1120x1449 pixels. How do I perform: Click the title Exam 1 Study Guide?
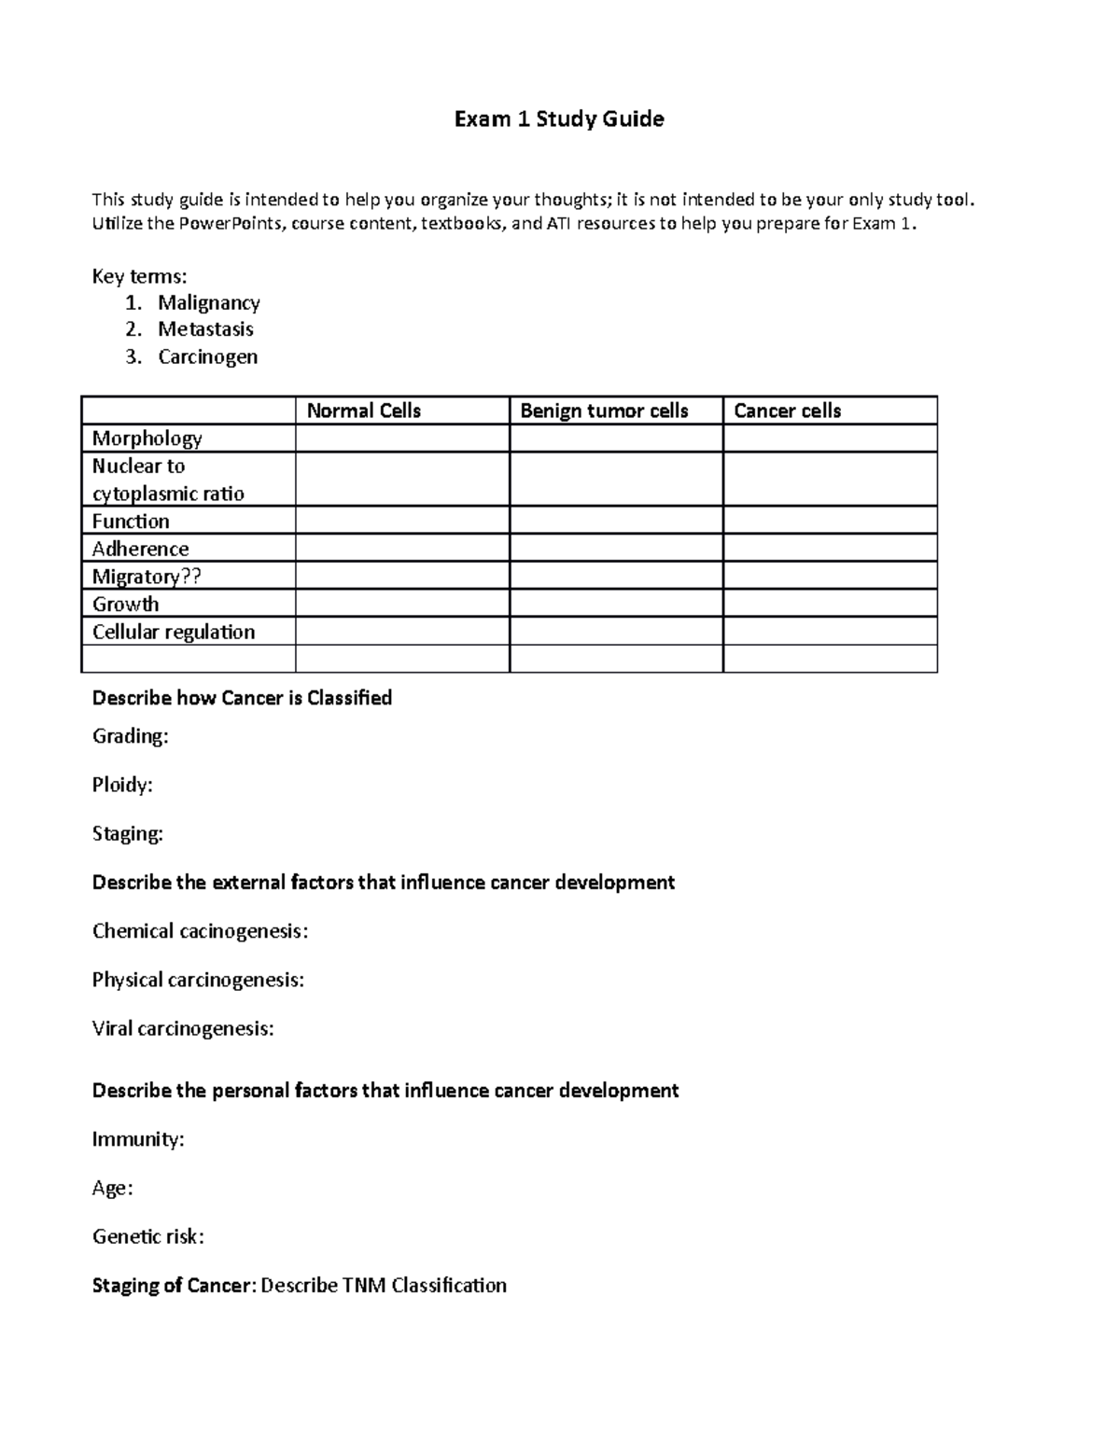pos(558,118)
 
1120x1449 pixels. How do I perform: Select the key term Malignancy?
pos(208,302)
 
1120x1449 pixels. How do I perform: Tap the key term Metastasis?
pos(205,329)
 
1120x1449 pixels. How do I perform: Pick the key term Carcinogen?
pos(207,356)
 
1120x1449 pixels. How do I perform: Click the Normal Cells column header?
pos(364,411)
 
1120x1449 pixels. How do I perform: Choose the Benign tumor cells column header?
pos(604,411)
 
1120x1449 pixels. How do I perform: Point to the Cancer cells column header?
pos(788,411)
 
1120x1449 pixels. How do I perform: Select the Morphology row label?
pos(147,439)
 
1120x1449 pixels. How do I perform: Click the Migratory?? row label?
pos(147,577)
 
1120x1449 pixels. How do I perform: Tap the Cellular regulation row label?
pos(173,632)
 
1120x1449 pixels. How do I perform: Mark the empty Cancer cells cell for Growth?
pos(830,604)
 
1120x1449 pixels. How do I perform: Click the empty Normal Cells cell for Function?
pos(402,521)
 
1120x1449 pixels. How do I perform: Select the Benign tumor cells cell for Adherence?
pos(616,549)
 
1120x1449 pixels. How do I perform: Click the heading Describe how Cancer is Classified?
pos(242,698)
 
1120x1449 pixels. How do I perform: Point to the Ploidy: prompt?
pos(122,785)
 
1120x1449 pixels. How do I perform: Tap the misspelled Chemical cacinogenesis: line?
pos(200,931)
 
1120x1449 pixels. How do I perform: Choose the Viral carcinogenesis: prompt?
pos(183,1028)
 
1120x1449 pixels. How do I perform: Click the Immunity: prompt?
pos(138,1139)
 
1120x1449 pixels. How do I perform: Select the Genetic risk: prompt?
pos(147,1236)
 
